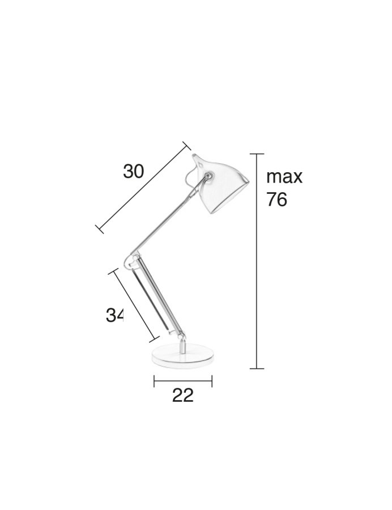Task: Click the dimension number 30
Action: coord(134,171)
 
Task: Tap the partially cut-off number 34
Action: coord(114,315)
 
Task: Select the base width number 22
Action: coord(182,395)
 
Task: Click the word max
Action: coord(284,176)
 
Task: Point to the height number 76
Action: coord(276,199)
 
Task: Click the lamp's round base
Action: coord(184,355)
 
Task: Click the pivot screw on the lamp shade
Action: coord(209,177)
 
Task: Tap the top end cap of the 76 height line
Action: coord(257,154)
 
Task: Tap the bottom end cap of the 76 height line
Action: coord(257,368)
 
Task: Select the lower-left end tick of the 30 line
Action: coord(99,229)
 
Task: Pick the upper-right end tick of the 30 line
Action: coord(188,146)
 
